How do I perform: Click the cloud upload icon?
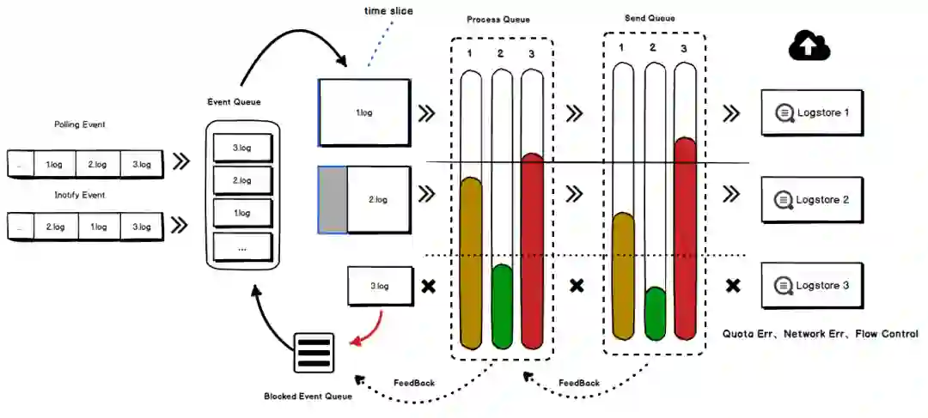pos(809,46)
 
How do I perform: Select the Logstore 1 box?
pos(811,113)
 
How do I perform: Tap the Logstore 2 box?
pos(811,200)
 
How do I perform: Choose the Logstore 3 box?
pos(811,286)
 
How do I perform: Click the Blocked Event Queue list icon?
pos(314,353)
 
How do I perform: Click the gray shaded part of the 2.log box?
pos(333,200)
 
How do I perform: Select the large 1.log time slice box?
pos(364,112)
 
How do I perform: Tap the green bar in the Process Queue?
pos(503,306)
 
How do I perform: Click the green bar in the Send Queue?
pos(655,314)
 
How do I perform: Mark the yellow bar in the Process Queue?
pos(472,263)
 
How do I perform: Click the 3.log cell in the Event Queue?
pos(242,148)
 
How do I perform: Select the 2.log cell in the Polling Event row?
pos(97,165)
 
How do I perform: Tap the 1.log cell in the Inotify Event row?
pos(97,227)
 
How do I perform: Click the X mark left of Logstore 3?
pos(733,286)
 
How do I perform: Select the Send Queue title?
pos(650,18)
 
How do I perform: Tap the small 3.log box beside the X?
pos(380,286)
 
